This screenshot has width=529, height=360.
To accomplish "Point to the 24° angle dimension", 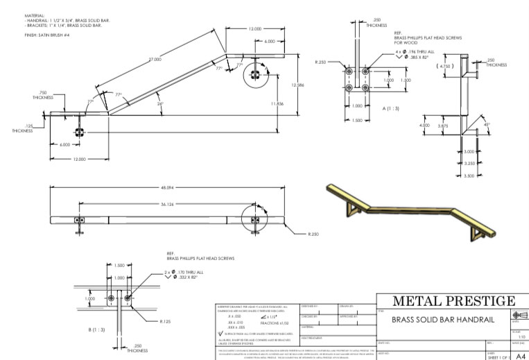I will pyautogui.click(x=161, y=104).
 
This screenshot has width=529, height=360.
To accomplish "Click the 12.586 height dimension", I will pyautogui.click(x=297, y=85).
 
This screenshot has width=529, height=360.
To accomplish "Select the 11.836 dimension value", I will pyautogui.click(x=277, y=103).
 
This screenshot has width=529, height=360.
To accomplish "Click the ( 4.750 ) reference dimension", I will pyautogui.click(x=444, y=66).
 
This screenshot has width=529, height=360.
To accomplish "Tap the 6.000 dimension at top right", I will pyautogui.click(x=269, y=42).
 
